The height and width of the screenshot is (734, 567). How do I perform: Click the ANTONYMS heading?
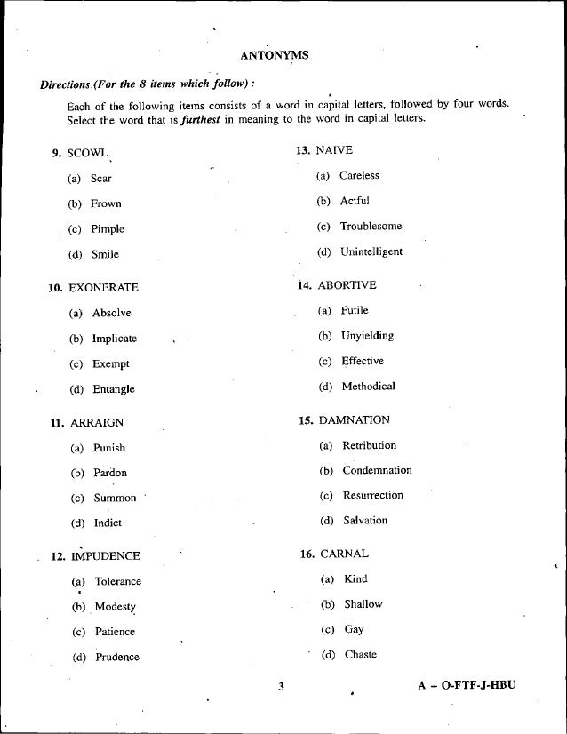(275, 55)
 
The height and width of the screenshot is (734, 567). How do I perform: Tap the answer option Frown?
(106, 203)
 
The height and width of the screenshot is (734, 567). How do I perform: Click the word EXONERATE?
(102, 288)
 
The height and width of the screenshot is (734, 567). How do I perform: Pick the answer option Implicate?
(115, 339)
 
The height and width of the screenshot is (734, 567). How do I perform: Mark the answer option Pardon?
(109, 473)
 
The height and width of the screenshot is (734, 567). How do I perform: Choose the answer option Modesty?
(115, 607)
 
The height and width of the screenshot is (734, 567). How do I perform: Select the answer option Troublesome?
(371, 227)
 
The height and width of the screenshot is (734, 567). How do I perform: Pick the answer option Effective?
(363, 361)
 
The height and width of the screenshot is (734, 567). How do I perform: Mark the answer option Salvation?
(365, 520)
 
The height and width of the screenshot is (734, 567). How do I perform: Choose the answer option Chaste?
(360, 655)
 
